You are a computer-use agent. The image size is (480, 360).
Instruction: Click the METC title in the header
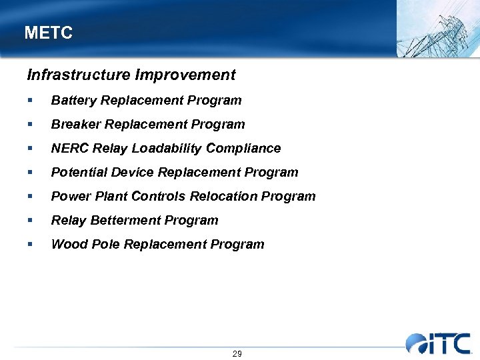[48, 33]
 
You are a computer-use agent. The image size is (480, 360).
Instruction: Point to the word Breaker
[72, 125]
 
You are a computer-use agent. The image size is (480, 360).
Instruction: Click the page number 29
[237, 353]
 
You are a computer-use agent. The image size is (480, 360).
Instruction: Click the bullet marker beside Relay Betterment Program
[30, 221]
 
